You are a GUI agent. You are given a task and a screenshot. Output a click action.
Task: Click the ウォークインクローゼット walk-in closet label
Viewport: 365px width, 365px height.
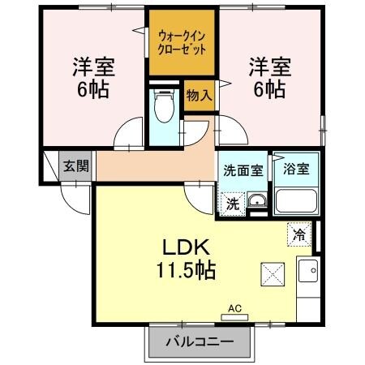click(181, 41)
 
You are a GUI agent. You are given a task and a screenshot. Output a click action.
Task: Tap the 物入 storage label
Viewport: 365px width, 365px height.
click(199, 96)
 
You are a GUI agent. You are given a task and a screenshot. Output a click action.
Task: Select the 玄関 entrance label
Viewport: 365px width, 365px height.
click(77, 166)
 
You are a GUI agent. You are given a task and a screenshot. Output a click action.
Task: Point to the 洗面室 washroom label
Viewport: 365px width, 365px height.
click(243, 170)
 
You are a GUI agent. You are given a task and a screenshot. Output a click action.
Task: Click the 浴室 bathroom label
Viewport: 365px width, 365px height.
click(295, 170)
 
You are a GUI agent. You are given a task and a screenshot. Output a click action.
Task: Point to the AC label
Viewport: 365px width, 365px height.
click(234, 308)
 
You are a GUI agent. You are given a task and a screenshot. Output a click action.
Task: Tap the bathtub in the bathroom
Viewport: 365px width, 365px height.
click(295, 200)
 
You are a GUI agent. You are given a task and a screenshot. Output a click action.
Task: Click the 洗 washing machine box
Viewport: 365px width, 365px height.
click(233, 203)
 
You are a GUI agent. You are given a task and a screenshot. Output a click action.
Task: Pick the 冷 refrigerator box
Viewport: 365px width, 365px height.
click(298, 236)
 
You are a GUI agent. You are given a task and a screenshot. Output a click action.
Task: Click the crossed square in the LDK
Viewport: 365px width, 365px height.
click(272, 274)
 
